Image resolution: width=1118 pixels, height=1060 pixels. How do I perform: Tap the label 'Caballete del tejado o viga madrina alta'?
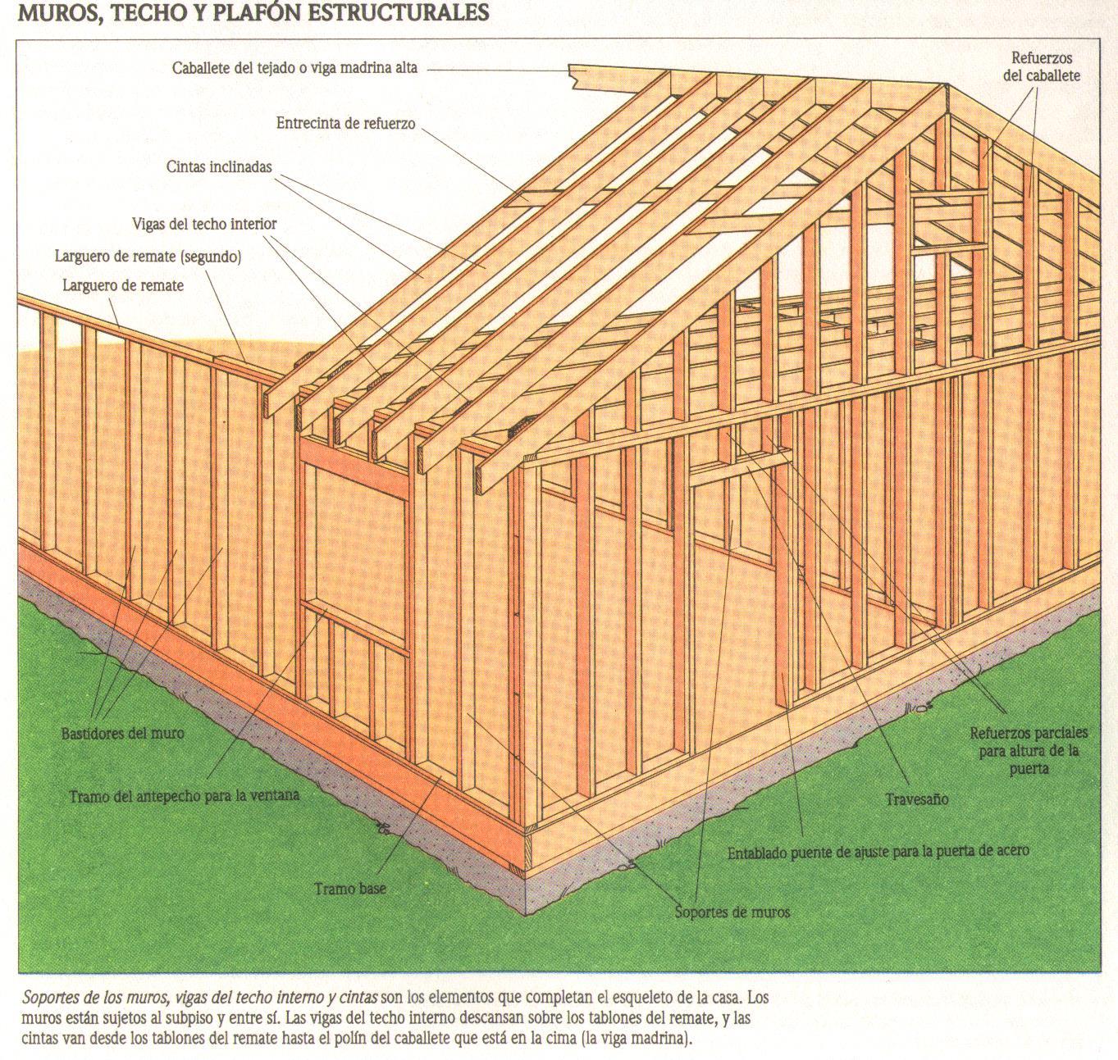(294, 68)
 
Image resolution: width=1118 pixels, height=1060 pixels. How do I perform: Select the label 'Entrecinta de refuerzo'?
(345, 124)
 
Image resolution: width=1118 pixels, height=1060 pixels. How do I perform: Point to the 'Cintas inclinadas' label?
(218, 166)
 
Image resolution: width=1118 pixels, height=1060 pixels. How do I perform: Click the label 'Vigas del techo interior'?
(204, 224)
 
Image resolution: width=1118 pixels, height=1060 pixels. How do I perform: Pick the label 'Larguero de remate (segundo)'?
(148, 257)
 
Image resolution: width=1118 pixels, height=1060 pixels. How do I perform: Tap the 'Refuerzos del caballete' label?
(1042, 67)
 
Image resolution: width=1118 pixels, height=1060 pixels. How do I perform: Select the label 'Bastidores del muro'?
(123, 733)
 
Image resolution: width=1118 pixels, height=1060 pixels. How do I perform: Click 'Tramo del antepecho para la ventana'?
(184, 795)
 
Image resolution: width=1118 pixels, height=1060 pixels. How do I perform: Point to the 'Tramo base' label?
(349, 889)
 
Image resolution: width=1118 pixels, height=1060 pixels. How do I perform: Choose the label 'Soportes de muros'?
(732, 911)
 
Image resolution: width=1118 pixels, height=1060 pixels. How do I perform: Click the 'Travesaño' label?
(916, 798)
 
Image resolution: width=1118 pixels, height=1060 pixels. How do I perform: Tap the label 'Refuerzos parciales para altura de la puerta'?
(1029, 750)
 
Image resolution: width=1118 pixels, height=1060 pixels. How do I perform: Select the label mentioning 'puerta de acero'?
(878, 852)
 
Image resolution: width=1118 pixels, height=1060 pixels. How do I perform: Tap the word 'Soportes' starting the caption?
(52, 999)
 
